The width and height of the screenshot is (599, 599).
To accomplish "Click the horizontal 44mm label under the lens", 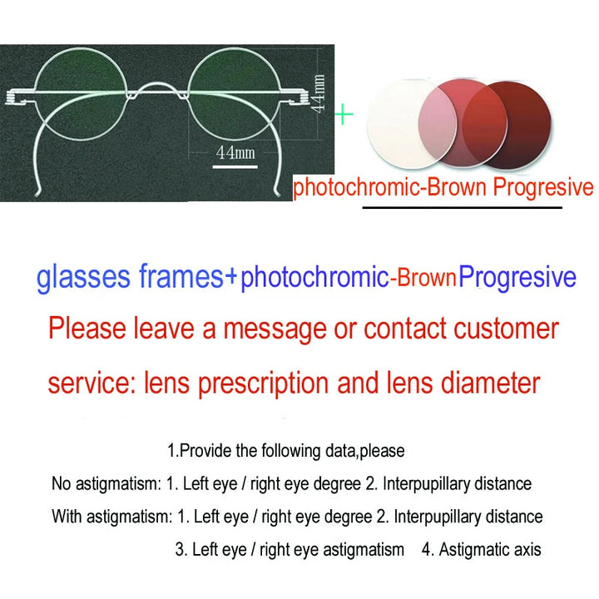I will pos(235,152).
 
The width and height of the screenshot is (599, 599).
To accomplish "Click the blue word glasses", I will pos(82,278).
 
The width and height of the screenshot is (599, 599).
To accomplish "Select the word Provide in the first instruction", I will pos(205,451).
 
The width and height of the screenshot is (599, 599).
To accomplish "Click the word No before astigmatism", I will pos(61,483).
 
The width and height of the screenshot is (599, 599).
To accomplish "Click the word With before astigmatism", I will pos(67,517).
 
